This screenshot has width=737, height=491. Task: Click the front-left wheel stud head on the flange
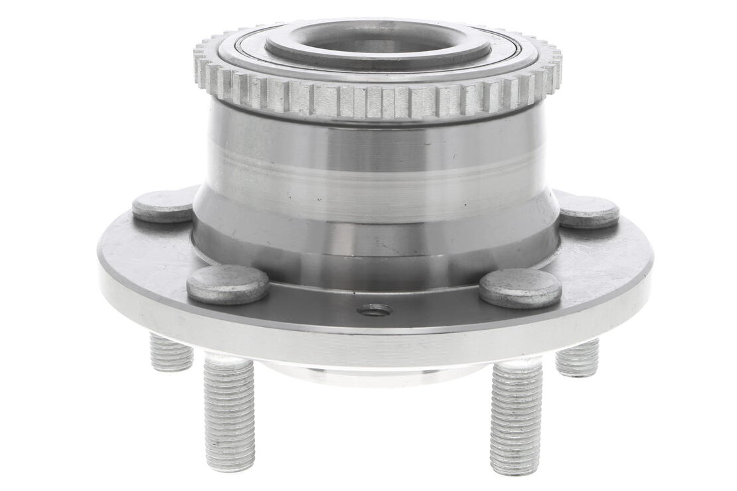[x=228, y=284]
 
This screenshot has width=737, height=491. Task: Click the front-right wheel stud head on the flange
[x=520, y=287]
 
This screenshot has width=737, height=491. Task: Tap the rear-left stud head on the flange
[x=163, y=206]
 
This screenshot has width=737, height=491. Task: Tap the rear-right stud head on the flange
[x=588, y=211]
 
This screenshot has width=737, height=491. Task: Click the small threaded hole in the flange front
[x=374, y=310]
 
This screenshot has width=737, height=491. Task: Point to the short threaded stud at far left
[x=171, y=352]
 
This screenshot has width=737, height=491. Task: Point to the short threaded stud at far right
[x=577, y=359]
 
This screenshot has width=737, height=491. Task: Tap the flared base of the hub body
[x=375, y=245]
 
